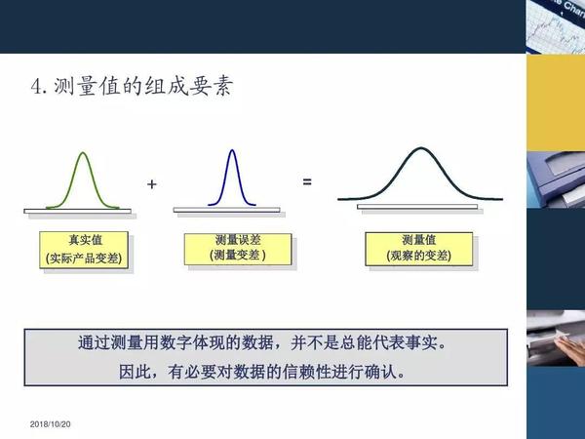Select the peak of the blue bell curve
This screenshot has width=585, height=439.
click(x=230, y=150)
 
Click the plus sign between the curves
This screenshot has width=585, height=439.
click(x=151, y=183)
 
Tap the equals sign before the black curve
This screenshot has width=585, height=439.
click(x=306, y=181)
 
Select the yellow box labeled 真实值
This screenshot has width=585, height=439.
click(x=88, y=249)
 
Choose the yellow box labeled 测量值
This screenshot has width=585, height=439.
click(x=418, y=249)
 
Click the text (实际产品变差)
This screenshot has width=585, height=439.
click(x=88, y=259)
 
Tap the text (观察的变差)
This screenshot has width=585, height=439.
click(x=418, y=257)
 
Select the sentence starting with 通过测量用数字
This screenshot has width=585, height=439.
click(x=265, y=345)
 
